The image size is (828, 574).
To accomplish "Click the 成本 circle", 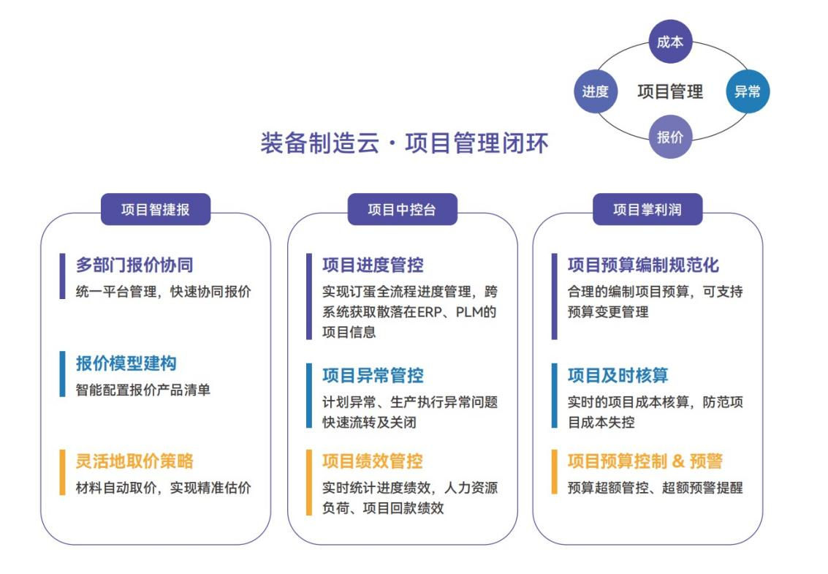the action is tap(670, 42).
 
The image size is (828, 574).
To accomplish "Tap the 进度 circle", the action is tap(595, 91).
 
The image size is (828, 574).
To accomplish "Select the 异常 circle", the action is tap(747, 91).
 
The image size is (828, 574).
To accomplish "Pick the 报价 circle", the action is tap(670, 137).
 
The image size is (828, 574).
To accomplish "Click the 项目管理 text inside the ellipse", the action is tap(670, 91).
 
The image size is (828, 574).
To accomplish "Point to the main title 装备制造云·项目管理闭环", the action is tap(404, 143).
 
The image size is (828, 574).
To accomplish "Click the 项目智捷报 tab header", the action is tap(155, 209).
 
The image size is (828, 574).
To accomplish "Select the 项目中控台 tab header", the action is tap(402, 209).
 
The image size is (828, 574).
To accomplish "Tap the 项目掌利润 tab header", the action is tap(647, 209).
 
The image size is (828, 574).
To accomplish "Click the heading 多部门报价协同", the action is tap(134, 265).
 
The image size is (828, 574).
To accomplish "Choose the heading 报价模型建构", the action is tap(126, 363).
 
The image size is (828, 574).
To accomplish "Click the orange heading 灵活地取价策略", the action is tap(134, 461).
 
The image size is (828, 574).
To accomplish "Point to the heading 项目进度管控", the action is tap(373, 265).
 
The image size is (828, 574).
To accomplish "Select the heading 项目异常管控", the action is tap(373, 375).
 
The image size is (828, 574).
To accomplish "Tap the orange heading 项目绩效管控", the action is tap(373, 461).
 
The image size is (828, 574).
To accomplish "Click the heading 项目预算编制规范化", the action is tap(643, 265).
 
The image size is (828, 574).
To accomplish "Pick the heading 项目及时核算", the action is tap(618, 375).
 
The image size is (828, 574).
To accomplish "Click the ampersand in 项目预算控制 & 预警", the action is tap(678, 461).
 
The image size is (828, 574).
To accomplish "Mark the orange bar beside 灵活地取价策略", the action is tap(62, 472).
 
